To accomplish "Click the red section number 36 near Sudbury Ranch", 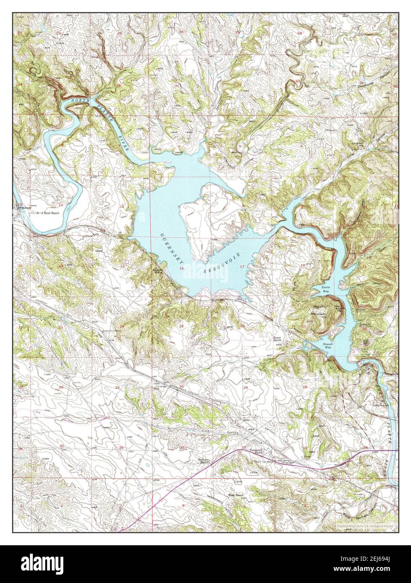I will [121, 448].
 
